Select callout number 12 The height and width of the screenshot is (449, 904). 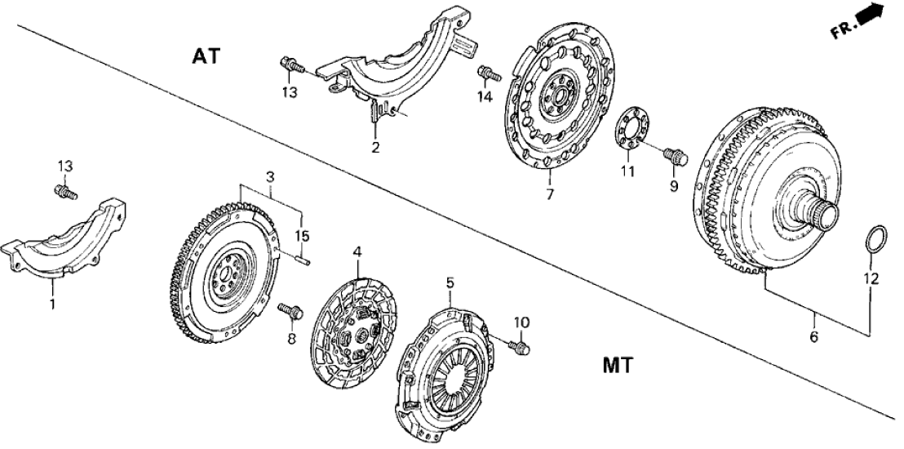coord(871,279)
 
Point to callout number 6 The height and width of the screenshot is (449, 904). coord(813,336)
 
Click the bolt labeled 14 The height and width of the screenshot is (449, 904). coord(488,73)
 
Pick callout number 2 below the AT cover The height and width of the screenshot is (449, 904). coord(375,148)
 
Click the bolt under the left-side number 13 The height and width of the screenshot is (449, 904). coord(64,193)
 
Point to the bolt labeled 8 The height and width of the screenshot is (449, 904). coord(291,311)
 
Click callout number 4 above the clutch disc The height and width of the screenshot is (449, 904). coord(356,253)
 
